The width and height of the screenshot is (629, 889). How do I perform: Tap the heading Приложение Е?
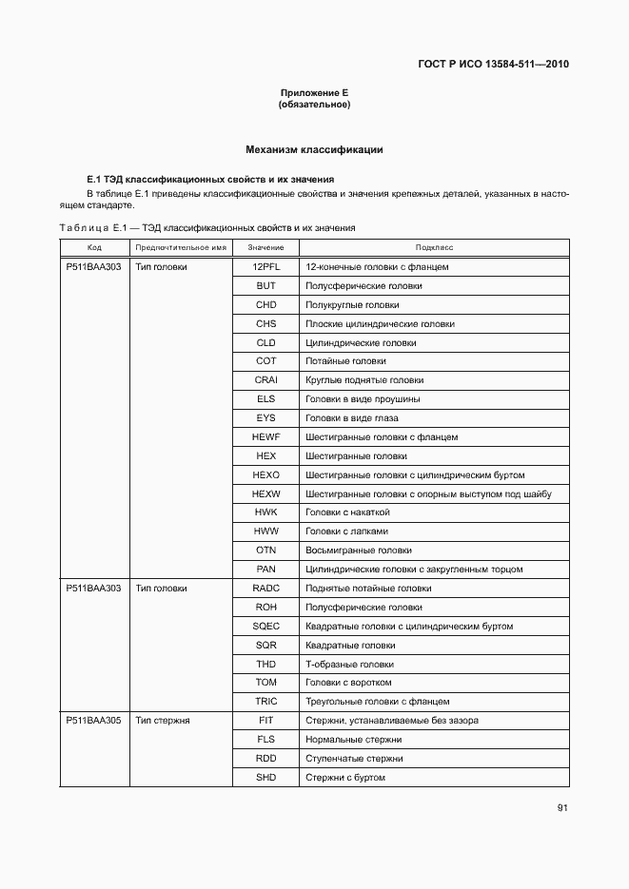(x=314, y=92)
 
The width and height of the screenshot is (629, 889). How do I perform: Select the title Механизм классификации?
(x=314, y=149)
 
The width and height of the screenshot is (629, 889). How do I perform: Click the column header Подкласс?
(x=434, y=247)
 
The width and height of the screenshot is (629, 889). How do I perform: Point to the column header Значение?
(x=265, y=247)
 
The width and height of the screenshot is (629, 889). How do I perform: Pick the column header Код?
(x=94, y=247)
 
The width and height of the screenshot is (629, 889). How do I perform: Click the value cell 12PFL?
(x=265, y=267)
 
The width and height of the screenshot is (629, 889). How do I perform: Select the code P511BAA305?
(x=93, y=721)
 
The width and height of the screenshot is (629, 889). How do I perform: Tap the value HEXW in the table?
(x=265, y=494)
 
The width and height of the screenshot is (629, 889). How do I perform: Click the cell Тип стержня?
(x=163, y=721)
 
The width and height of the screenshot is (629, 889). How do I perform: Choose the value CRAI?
(x=265, y=380)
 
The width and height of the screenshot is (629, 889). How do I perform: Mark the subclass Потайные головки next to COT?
(x=345, y=361)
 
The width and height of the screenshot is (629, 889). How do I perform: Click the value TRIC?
(x=265, y=702)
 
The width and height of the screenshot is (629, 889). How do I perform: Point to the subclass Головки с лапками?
(x=346, y=531)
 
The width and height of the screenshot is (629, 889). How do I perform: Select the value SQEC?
(x=265, y=627)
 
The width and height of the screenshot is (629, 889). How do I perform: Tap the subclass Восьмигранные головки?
(x=358, y=551)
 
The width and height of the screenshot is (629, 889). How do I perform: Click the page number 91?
(x=562, y=808)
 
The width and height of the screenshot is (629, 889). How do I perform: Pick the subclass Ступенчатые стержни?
(x=354, y=759)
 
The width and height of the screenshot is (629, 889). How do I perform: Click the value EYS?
(x=265, y=418)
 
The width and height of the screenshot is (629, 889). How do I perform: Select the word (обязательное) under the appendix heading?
(x=314, y=105)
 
